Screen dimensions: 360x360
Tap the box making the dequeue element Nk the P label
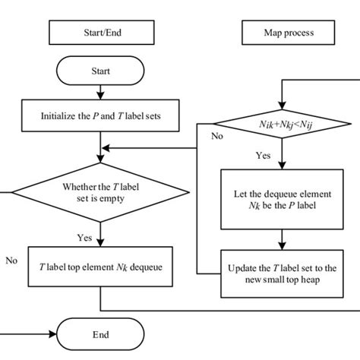282,198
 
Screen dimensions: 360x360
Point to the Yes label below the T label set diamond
85,237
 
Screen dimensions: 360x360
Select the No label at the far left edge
11,259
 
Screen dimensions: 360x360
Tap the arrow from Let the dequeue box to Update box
282,239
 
